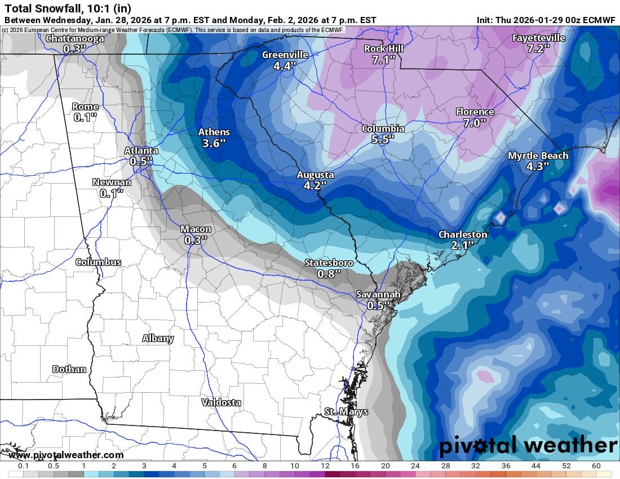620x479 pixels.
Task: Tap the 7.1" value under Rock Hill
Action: pos(384,60)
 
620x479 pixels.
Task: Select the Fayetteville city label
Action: pos(538,38)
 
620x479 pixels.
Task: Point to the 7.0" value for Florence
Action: pos(475,123)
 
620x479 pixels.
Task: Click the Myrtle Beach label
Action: pos(538,156)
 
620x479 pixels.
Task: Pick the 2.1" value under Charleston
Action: pos(462,245)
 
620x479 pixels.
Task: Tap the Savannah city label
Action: pos(378,295)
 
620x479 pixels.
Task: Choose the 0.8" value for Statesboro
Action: pos(329,274)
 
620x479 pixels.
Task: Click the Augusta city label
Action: pos(316,175)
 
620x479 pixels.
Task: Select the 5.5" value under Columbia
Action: pos(383,139)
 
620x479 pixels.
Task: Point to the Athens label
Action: pos(214,132)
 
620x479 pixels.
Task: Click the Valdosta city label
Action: pos(222,402)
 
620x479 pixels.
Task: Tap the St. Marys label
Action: pos(346,412)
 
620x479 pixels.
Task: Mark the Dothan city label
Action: pos(69,369)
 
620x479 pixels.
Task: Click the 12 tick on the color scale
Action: pos(325,466)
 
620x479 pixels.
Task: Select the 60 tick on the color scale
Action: pos(596,466)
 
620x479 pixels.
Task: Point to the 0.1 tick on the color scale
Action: pos(24,466)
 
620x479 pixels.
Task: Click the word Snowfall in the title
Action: pos(54,8)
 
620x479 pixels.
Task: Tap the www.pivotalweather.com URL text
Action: pos(66,455)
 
